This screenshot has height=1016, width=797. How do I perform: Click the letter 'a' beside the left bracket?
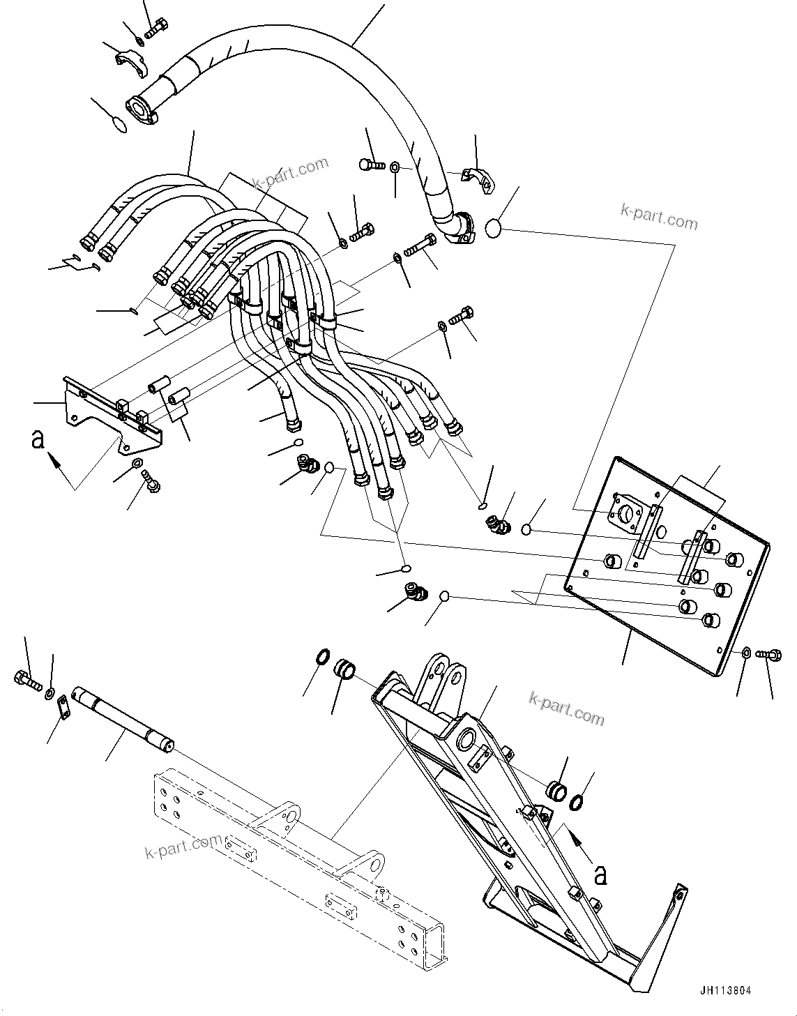pos(38,440)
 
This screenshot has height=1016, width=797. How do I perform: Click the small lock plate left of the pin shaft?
pos(62,708)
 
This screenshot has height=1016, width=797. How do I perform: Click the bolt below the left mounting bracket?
pos(150,480)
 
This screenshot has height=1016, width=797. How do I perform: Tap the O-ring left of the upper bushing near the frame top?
pos(323,657)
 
